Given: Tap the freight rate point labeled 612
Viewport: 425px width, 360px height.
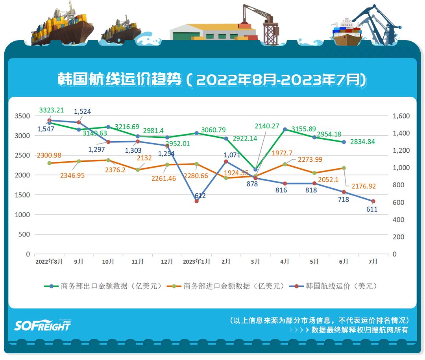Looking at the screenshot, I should [x=196, y=201].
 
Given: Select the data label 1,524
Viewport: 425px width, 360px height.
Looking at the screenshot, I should [x=83, y=111].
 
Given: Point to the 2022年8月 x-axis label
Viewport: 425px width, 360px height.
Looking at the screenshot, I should [x=49, y=262].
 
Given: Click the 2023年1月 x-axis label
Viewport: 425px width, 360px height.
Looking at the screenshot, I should [x=196, y=262].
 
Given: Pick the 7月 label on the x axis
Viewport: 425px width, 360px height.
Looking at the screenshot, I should [x=373, y=262].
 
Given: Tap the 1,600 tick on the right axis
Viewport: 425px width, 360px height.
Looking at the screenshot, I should [x=401, y=116].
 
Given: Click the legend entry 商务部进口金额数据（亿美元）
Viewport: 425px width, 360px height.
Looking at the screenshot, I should [x=228, y=286].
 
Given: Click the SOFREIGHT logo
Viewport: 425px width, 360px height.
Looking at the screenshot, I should [x=42, y=325].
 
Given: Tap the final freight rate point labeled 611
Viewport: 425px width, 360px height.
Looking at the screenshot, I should [x=373, y=201].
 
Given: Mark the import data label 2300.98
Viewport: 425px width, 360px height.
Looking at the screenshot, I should [x=49, y=155].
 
